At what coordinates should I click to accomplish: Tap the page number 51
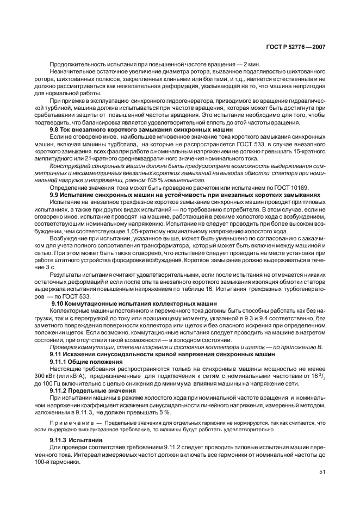pos(321,472)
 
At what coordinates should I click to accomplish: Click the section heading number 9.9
pos(55,194)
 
